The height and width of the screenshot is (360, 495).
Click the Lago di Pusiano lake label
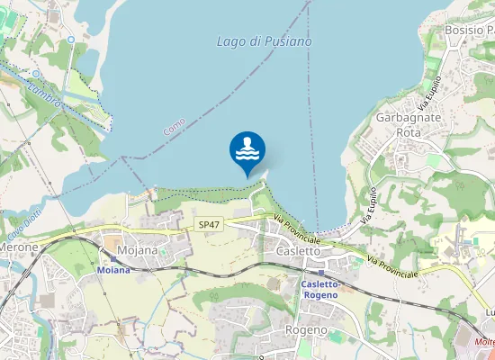click(265, 41)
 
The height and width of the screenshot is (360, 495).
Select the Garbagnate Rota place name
click(408, 125)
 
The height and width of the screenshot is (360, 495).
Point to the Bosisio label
click(469, 30)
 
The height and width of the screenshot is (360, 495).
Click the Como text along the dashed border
click(175, 126)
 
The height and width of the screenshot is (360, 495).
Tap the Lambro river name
click(43, 94)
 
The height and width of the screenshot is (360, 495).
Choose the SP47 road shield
click(208, 224)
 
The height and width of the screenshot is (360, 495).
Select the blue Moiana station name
click(113, 270)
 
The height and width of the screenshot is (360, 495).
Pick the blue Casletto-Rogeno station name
click(319, 289)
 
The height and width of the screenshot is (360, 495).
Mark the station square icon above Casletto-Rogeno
click(321, 272)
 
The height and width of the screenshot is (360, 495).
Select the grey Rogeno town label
click(306, 329)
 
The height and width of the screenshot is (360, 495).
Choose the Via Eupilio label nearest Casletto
click(368, 205)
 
